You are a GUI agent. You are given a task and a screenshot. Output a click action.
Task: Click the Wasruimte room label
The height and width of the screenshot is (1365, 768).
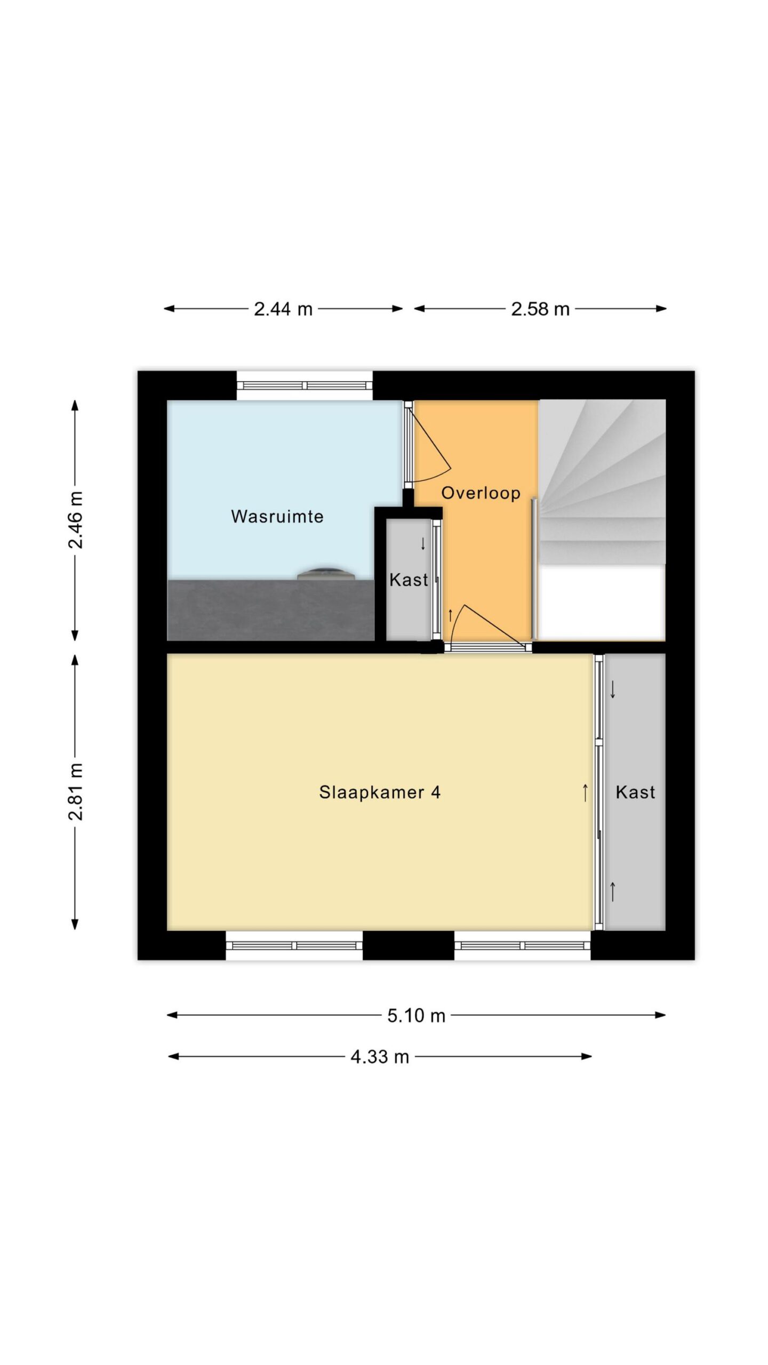tap(277, 516)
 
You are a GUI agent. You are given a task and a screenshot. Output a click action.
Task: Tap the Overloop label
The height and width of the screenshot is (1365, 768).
tap(481, 493)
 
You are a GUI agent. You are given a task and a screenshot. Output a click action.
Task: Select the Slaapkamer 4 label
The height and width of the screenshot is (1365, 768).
tap(380, 792)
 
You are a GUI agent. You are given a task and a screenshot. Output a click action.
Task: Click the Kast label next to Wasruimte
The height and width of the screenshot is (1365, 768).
tap(409, 580)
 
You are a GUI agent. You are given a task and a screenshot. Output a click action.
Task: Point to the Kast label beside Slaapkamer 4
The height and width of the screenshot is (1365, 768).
tap(635, 792)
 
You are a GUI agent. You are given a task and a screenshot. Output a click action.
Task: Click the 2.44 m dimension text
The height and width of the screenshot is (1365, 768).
tap(283, 309)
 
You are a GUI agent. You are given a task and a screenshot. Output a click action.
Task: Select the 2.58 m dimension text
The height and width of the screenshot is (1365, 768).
tap(540, 309)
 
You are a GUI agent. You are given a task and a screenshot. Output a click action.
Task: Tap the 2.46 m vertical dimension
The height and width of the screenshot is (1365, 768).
tap(75, 520)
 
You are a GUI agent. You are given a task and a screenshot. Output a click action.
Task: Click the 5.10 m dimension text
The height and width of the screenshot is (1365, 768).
tap(416, 1016)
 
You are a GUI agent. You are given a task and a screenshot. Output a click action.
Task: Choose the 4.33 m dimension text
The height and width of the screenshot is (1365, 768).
tap(380, 1056)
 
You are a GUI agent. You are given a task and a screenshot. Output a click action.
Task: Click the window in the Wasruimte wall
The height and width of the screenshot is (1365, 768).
tap(305, 386)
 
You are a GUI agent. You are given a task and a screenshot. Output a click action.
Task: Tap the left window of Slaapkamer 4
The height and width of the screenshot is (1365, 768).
tap(294, 945)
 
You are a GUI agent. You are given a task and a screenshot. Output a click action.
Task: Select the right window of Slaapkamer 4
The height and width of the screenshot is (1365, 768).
tap(523, 945)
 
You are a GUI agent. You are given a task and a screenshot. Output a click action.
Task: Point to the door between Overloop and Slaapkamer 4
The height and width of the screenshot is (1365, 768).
tap(488, 647)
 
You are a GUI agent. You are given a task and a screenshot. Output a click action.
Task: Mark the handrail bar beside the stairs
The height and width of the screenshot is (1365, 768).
tap(534, 568)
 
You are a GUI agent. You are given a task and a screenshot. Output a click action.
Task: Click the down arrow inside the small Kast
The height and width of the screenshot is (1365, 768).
tap(423, 544)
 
